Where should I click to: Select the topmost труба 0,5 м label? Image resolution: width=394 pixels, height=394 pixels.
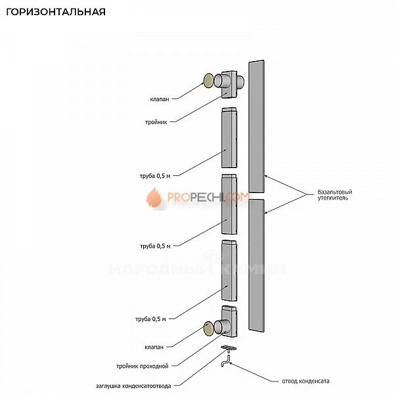pos(155,176)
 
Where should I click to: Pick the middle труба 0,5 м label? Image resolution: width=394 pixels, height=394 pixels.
pos(155,246)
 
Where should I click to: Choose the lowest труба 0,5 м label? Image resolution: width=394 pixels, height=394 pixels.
pos(155,319)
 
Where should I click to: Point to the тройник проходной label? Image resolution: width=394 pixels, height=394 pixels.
pos(147,366)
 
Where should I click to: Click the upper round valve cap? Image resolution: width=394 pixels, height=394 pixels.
pos(209,81)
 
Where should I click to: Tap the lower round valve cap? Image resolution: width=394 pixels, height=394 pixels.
pos(209,328)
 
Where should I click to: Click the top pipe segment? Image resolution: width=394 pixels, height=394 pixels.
pos(229,137)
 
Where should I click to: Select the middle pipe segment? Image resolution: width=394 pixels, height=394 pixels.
pos(229,204)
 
